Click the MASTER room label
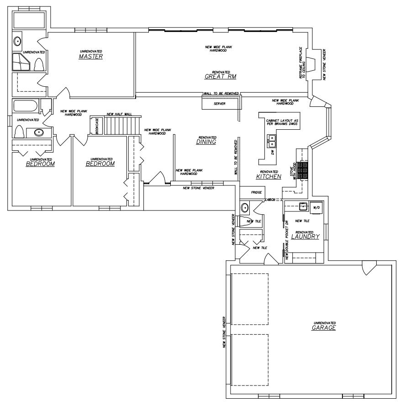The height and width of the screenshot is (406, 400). (91, 57)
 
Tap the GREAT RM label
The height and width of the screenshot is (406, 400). (221, 76)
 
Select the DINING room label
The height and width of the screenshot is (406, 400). (206, 142)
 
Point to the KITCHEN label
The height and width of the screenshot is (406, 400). (269, 176)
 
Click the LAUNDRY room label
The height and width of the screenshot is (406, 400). (305, 237)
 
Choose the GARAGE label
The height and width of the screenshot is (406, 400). (324, 327)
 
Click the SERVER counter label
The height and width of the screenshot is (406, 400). (220, 104)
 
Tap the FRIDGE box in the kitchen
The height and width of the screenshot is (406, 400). (253, 192)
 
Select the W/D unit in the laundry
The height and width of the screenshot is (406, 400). (316, 208)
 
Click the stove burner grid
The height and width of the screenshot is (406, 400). (303, 170)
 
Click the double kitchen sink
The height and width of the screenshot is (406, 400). (272, 141)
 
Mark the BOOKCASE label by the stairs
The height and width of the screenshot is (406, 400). (97, 126)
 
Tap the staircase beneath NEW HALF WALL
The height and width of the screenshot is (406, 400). (122, 126)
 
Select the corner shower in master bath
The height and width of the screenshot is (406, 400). (21, 62)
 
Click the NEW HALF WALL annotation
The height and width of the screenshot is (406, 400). (119, 114)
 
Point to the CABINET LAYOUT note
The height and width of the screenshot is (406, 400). (282, 122)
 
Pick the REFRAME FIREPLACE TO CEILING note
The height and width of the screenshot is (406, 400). (302, 63)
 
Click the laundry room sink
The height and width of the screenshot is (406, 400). (303, 206)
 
